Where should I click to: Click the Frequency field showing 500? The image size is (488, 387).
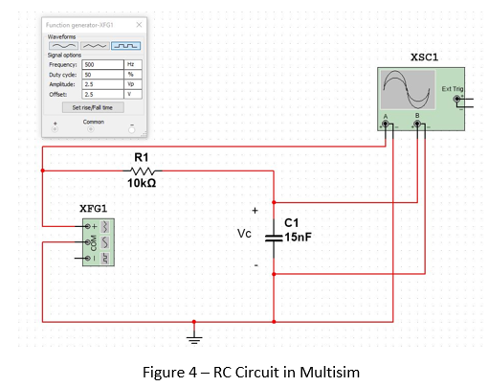103,64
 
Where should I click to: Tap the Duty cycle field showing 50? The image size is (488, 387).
103,74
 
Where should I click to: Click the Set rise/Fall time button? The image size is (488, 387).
93,107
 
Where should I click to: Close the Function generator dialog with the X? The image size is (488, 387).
139,23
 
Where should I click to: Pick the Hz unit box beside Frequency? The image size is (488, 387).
132,64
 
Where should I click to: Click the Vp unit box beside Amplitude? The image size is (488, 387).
132,84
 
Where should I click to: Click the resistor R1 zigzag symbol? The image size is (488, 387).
142,171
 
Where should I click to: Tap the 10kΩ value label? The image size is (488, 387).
142,182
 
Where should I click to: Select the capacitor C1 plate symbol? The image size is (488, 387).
274,233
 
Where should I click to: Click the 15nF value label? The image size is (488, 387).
299,235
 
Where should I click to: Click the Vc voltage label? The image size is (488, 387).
245,233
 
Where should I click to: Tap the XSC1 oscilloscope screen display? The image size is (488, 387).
408,92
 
